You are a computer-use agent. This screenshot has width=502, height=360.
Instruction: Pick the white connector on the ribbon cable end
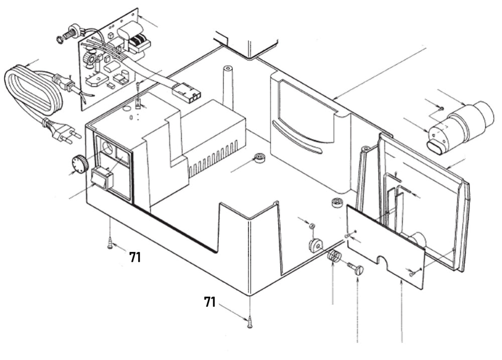click(x=186, y=93)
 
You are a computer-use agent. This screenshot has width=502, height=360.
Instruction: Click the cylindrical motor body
click(x=464, y=123)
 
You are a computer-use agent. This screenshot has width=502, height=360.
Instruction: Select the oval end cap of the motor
click(x=436, y=146)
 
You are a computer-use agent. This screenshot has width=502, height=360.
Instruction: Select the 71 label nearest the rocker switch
click(x=135, y=258)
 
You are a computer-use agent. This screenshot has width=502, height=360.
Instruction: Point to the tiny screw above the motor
click(x=439, y=107)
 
